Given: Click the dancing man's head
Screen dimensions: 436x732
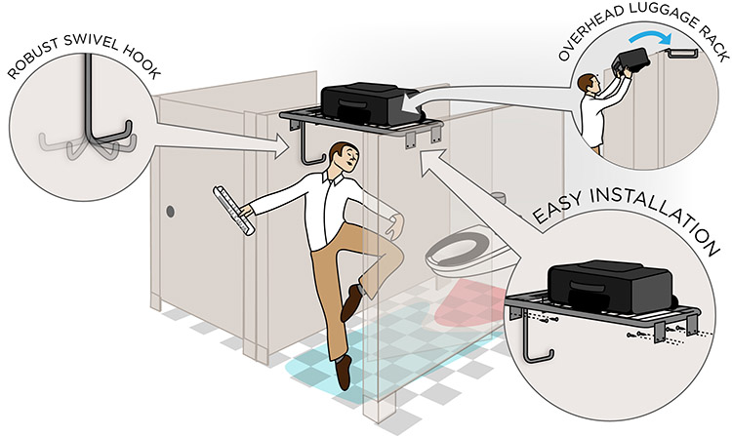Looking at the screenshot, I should click(341, 158).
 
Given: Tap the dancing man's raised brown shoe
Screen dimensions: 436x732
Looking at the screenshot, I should click(350, 301).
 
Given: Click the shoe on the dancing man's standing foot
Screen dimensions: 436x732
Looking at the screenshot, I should click(343, 372).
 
